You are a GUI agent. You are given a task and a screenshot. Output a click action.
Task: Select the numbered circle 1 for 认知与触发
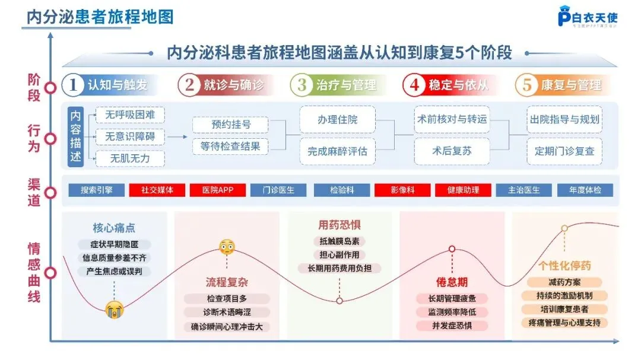[73, 85]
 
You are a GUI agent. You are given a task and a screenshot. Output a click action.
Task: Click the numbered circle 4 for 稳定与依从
[414, 85]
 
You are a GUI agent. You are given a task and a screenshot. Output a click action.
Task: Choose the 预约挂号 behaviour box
[231, 125]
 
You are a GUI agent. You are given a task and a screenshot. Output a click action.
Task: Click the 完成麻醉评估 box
[337, 151]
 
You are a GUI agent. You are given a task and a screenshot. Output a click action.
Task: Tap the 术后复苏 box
[452, 151]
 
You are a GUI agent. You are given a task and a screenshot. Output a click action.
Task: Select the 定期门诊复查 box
[564, 151]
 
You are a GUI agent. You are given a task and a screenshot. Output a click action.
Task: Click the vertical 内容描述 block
[75, 137]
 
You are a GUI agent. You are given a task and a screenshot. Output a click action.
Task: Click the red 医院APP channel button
[218, 190]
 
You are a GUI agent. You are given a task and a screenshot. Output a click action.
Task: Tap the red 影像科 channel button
[402, 190]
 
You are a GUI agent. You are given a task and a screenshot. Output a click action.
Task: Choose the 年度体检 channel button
[585, 190]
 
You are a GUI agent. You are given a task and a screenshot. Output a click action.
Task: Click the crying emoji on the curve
[114, 309]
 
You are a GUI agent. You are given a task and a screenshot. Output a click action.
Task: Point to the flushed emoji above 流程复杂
[227, 247]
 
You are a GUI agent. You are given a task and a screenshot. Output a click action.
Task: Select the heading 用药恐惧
[339, 225]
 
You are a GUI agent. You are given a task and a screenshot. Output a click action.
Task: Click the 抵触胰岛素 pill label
[339, 241]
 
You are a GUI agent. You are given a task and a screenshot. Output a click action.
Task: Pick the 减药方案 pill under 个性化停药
[564, 282]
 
